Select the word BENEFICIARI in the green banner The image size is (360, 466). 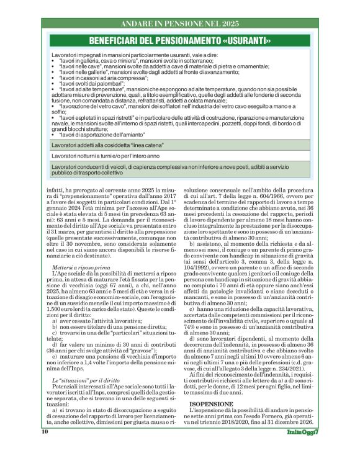point(121,42)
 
